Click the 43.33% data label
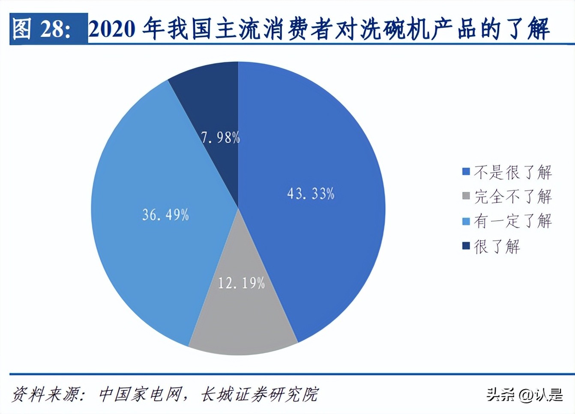pyautogui.click(x=311, y=194)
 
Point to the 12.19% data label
pyautogui.click(x=241, y=283)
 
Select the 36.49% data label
pyautogui.click(x=165, y=214)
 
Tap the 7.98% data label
pyautogui.click(x=220, y=137)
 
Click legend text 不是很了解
pyautogui.click(x=512, y=172)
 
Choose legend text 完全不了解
pyautogui.click(x=512, y=196)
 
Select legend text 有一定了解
pyautogui.click(x=512, y=221)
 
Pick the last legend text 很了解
pyautogui.click(x=497, y=246)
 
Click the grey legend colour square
pyautogui.click(x=466, y=196)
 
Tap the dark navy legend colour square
pyautogui.click(x=466, y=246)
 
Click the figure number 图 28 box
pyautogui.click(x=48, y=29)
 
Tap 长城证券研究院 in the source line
pyautogui.click(x=260, y=394)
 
